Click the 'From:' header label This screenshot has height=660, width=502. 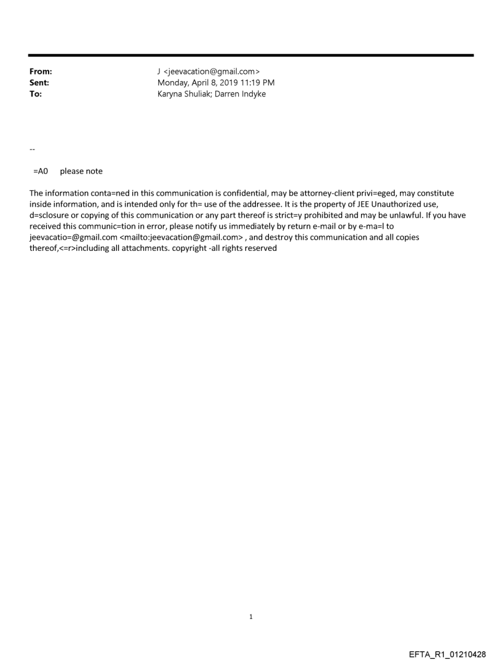pos(41,72)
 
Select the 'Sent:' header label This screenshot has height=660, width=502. pos(39,83)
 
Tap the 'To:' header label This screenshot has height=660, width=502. pos(36,94)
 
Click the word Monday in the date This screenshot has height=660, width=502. pos(173,83)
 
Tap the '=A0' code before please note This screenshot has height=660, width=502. pos(41,171)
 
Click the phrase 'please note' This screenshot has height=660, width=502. pos(81,171)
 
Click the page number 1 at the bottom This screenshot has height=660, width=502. pos(251,617)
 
